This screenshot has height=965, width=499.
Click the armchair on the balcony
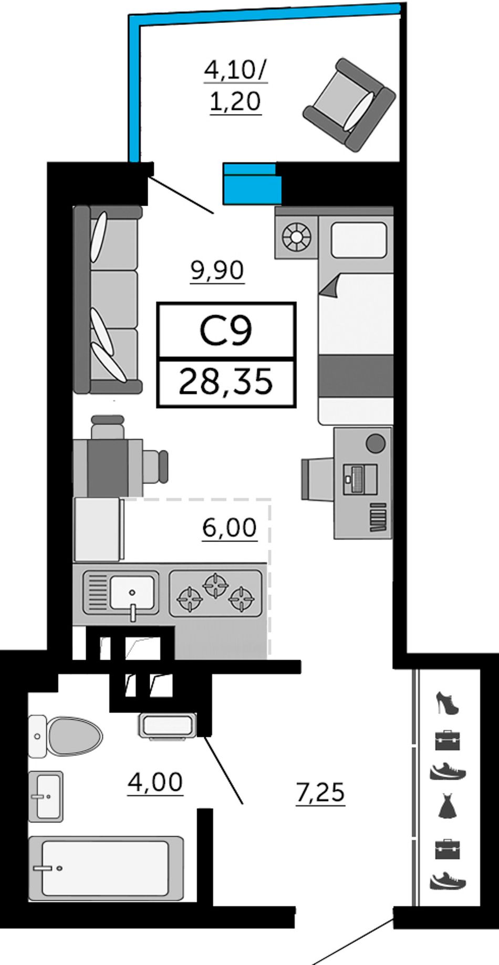tap(349, 105)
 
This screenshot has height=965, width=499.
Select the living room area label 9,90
tap(217, 271)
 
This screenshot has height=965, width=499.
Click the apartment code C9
tap(226, 331)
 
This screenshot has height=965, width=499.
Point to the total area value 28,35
tap(226, 381)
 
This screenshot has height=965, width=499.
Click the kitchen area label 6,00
tap(230, 527)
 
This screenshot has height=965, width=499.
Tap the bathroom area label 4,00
tap(155, 782)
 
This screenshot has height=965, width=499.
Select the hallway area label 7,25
tap(320, 792)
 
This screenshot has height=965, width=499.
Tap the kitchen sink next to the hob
tap(121, 593)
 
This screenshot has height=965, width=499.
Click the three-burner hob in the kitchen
tap(216, 593)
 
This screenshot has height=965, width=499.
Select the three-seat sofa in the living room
tap(108, 300)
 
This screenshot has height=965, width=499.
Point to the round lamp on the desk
tap(376, 444)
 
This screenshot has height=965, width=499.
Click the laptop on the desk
tap(360, 479)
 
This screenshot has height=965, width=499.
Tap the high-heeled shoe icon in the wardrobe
tap(448, 703)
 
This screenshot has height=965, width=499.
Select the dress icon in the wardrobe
tap(448, 807)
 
